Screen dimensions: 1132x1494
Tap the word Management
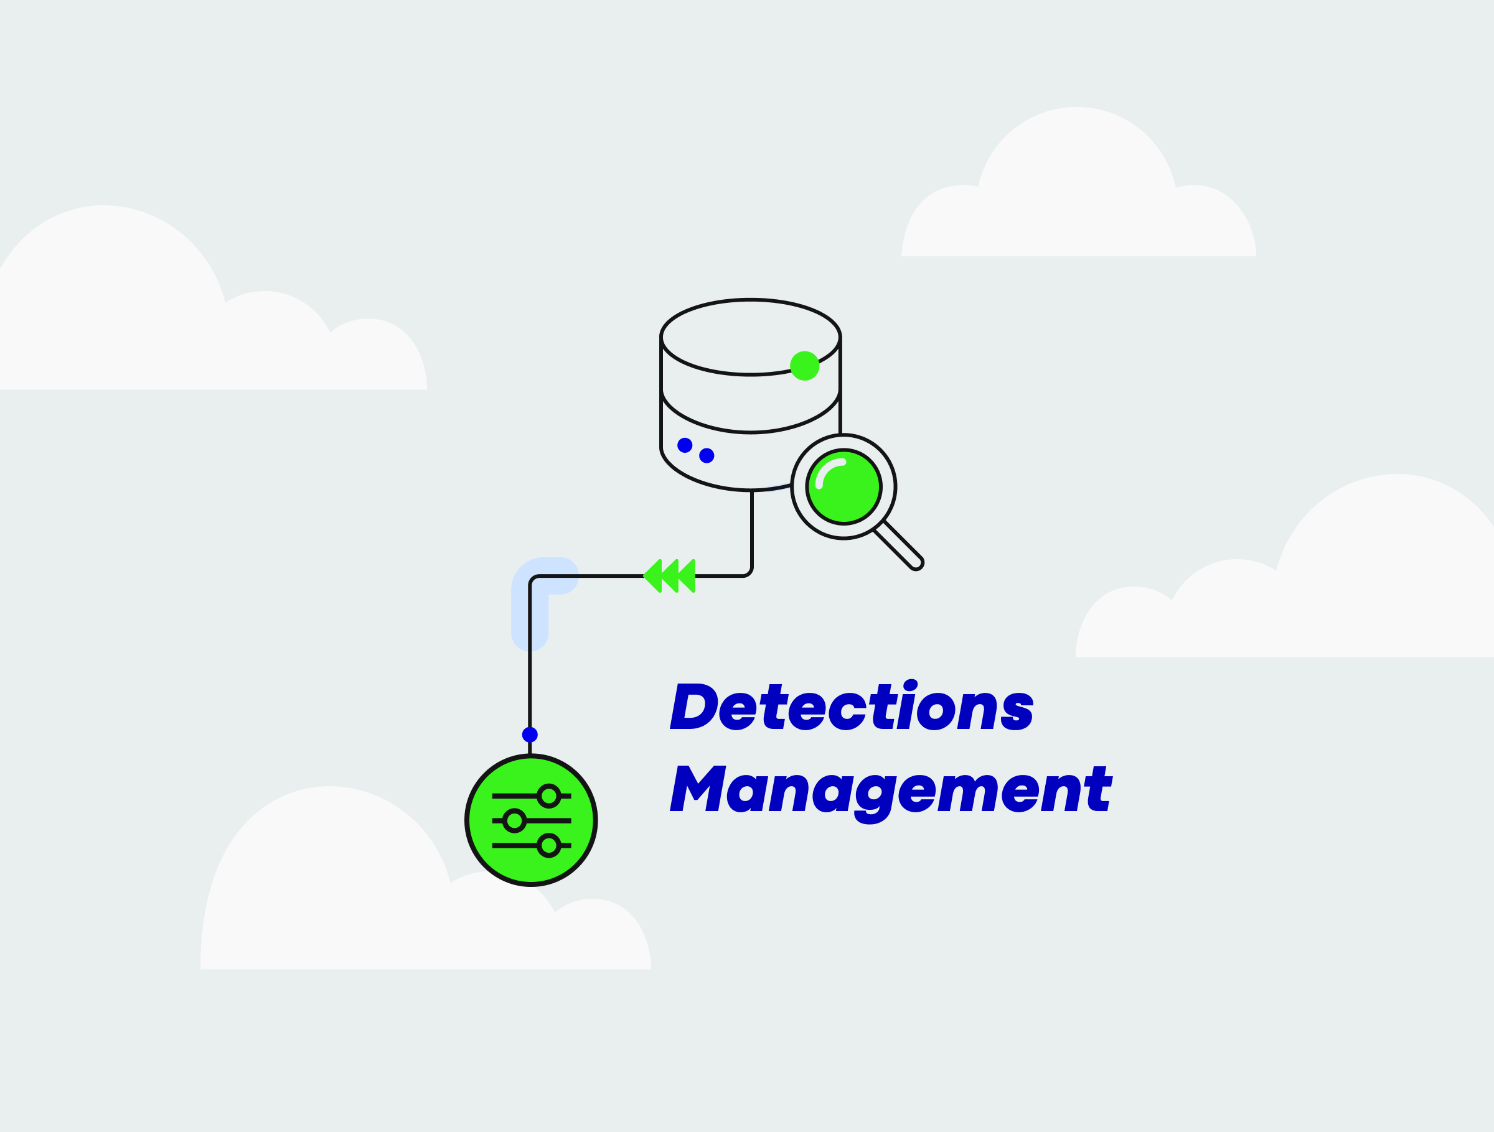[x=890, y=790]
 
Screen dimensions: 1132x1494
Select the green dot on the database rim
[x=804, y=366]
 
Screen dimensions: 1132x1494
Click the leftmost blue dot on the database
[x=685, y=445]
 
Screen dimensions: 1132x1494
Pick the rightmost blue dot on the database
[x=707, y=456]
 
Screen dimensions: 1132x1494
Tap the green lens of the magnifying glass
[x=844, y=486]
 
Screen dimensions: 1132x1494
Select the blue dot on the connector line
[x=530, y=735]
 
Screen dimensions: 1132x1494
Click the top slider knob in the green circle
[x=548, y=796]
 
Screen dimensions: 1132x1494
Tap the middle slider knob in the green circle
[x=515, y=820]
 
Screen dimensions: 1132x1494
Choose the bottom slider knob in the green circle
[x=548, y=845]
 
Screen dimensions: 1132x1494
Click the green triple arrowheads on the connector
[x=669, y=576]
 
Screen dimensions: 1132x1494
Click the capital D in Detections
[x=693, y=707]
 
